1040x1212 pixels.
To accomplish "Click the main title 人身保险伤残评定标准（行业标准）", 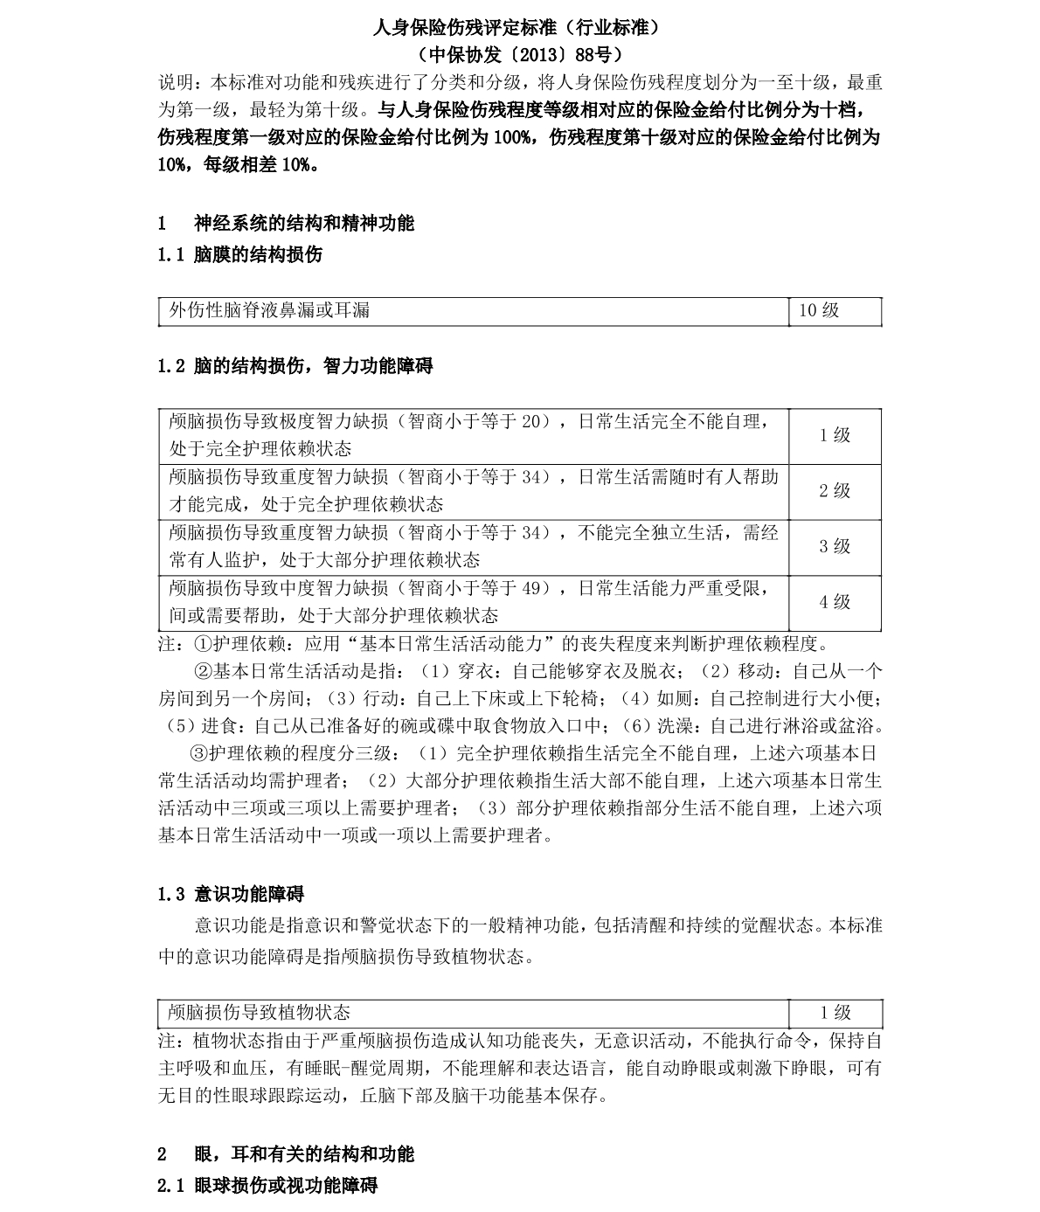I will point(519,27).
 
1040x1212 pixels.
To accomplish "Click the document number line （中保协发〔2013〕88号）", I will point(519,55).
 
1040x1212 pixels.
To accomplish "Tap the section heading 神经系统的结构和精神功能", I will point(303,223).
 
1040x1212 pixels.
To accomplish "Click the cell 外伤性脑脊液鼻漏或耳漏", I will point(269,310).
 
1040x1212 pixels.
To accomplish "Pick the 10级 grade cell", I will point(819,310).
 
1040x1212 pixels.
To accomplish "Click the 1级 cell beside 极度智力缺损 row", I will point(835,435).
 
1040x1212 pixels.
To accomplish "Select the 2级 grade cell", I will point(835,490).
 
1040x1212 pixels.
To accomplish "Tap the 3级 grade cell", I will point(835,546).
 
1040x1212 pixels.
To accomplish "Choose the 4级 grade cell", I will point(835,601).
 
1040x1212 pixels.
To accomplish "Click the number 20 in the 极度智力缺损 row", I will point(530,421).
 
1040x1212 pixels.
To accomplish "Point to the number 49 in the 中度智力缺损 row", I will point(530,588).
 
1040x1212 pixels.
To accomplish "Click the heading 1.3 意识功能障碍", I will point(231,894).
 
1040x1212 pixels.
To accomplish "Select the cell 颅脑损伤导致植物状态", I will point(260,1012).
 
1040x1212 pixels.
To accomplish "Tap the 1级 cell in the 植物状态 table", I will point(835,1012).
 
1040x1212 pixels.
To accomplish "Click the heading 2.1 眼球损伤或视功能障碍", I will point(267,1186).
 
